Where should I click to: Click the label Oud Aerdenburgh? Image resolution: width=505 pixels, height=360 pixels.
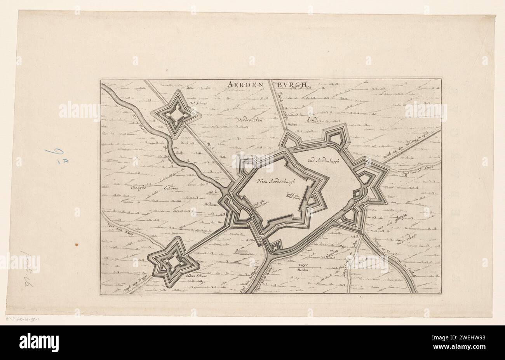tap(324, 160)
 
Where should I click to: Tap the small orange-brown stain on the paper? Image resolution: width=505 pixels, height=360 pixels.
tap(76, 245)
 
